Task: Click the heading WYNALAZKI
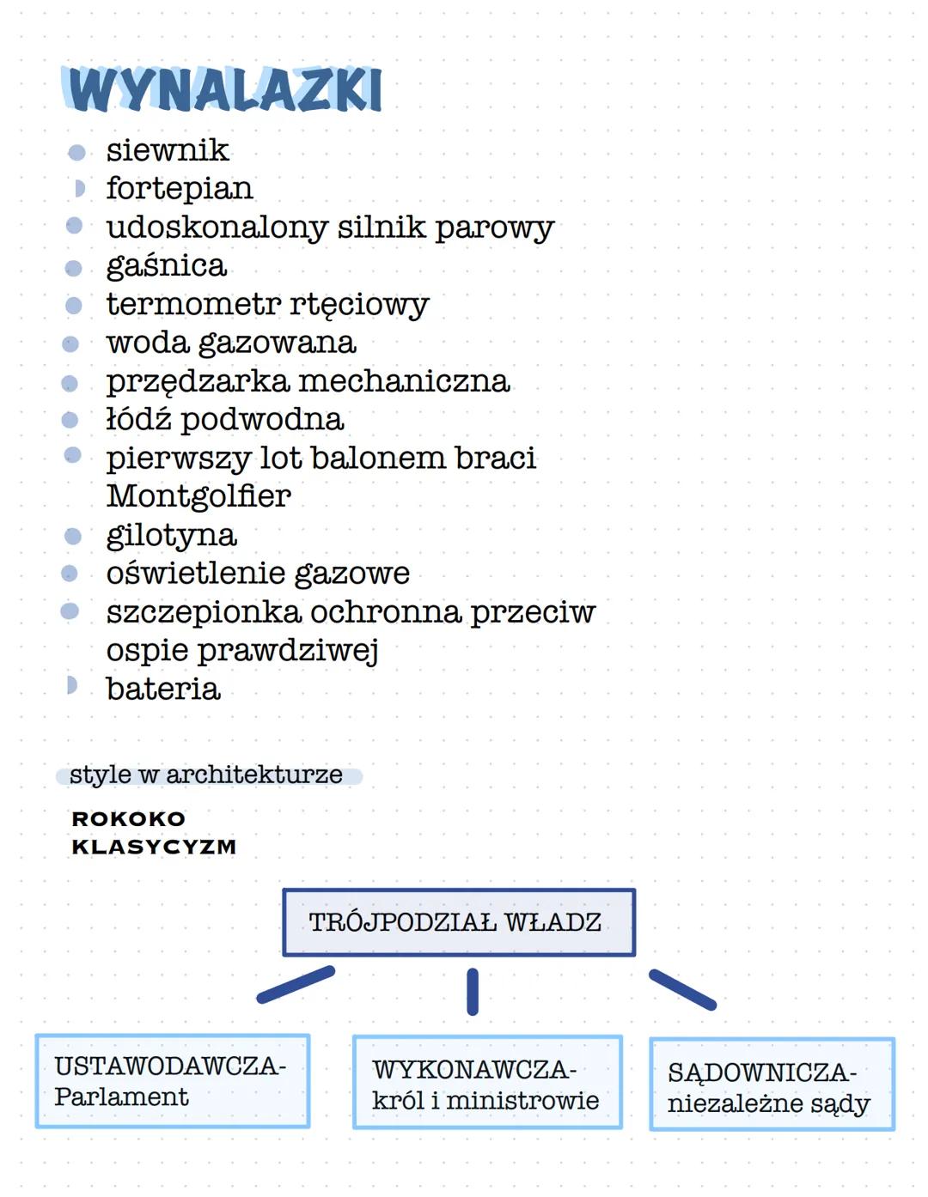coord(223,89)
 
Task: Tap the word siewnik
coord(168,150)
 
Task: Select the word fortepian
coord(179,188)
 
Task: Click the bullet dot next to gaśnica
coord(74,268)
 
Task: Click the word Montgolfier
coord(198,495)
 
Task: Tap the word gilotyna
coord(171,535)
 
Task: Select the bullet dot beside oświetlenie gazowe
coord(70,573)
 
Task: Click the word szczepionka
coord(204,611)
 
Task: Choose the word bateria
coord(163,689)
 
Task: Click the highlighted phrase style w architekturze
coord(206,775)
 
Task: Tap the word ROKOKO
coord(129,819)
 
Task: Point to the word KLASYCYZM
coord(154,847)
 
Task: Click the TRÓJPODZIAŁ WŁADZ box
coord(459,922)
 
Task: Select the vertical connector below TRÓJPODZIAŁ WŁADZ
coord(472,992)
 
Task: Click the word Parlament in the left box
coord(121,1097)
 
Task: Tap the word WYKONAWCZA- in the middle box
coord(473,1070)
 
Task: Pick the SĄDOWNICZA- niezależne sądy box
coord(771,1085)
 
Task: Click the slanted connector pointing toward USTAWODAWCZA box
coord(296,984)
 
